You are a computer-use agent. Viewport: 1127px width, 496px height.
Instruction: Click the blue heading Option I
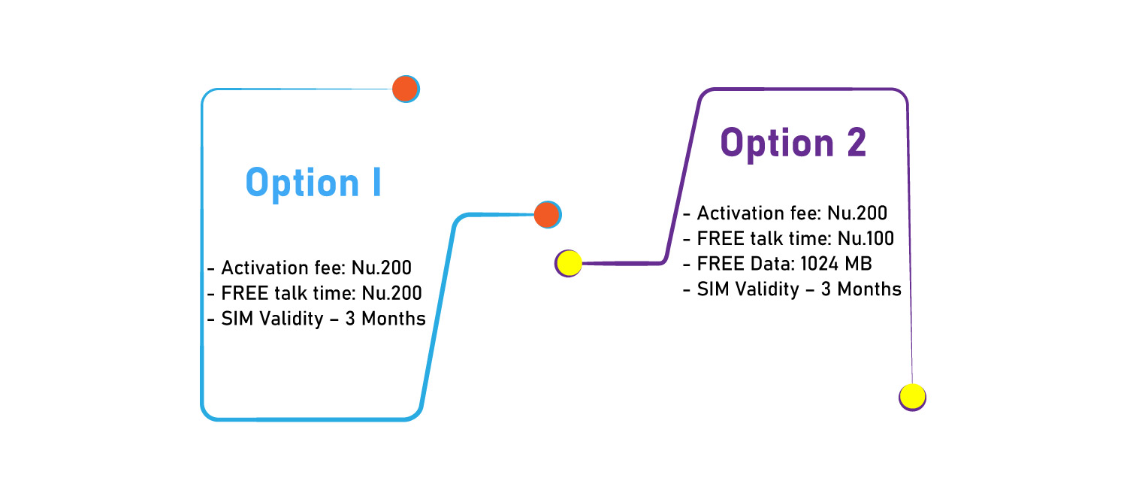tap(313, 183)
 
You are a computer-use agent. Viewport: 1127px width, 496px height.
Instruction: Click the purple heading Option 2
tap(793, 144)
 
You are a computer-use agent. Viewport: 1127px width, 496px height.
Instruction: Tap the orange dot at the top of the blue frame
tap(406, 89)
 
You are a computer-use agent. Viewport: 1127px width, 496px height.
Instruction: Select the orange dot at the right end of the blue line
tap(548, 215)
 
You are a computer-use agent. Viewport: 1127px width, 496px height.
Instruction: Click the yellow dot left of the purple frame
tap(569, 263)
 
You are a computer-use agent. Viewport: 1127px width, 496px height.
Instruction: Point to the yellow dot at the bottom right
tap(912, 397)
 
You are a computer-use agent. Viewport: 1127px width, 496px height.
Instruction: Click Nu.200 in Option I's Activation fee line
tap(382, 268)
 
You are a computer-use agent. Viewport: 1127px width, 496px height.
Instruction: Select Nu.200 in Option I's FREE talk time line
tap(392, 293)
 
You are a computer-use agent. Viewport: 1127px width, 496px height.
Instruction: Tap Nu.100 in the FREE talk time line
tap(866, 238)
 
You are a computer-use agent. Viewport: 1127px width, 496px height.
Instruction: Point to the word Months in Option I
tap(394, 319)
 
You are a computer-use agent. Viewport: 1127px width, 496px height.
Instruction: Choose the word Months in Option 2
tap(869, 289)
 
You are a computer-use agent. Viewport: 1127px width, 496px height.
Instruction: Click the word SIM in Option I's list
tap(237, 319)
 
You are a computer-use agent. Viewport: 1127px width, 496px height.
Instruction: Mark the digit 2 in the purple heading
tap(857, 142)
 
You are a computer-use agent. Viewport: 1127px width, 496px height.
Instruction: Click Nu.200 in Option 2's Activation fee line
tap(857, 213)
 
